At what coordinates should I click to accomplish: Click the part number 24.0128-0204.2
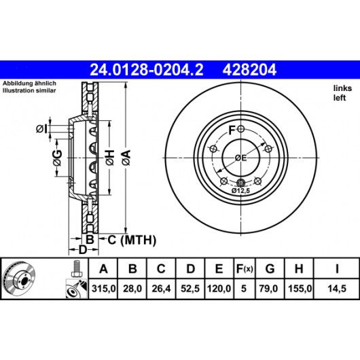click(x=147, y=70)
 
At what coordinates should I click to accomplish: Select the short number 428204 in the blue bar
click(x=249, y=70)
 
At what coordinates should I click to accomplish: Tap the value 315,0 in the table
click(x=103, y=289)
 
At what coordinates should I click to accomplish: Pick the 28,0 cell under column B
click(x=132, y=289)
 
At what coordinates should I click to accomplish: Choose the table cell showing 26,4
click(x=161, y=289)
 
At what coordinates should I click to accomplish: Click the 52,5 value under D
click(x=190, y=289)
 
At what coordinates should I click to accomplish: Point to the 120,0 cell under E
click(x=219, y=289)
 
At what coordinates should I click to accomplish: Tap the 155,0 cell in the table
click(x=300, y=289)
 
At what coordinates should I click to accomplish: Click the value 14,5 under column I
click(x=337, y=289)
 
